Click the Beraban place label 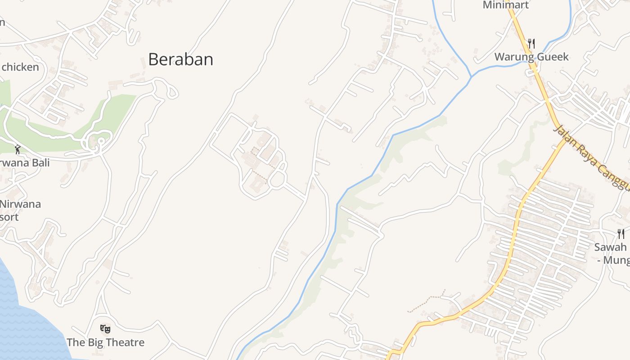(x=180, y=59)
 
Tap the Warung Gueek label (x=531, y=57)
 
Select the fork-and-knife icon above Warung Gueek (x=531, y=43)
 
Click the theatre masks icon (x=105, y=329)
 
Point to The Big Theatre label (x=105, y=342)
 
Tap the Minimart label (x=505, y=5)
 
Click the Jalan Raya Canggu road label (x=591, y=157)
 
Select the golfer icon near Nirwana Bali (x=18, y=149)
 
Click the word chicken (x=20, y=67)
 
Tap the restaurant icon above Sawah (x=621, y=234)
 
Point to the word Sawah (x=610, y=247)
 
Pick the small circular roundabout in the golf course (x=100, y=141)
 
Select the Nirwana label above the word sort (x=20, y=204)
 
